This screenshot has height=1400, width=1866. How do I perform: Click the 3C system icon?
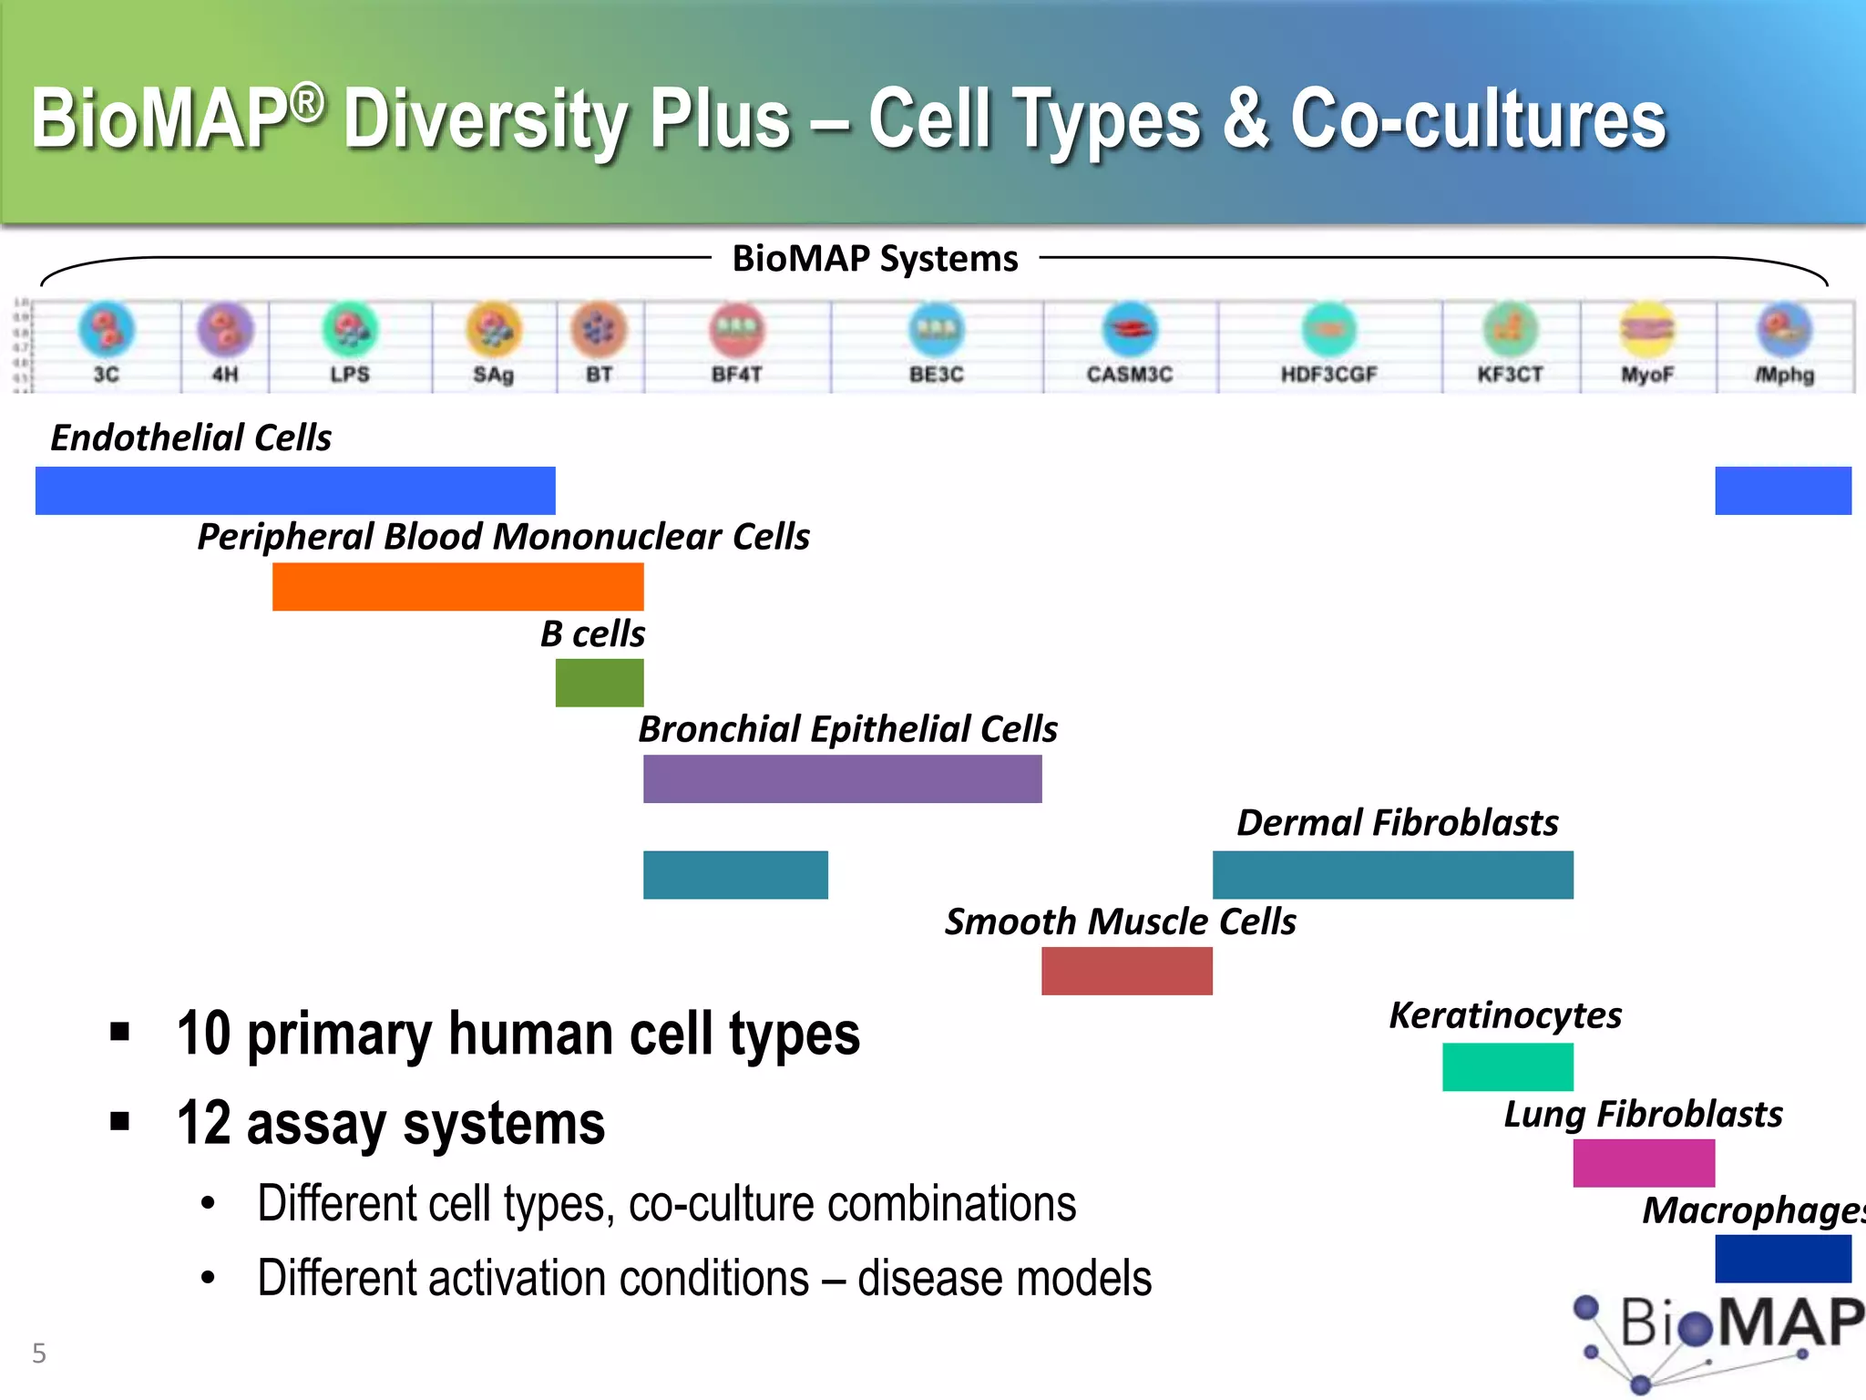point(107,329)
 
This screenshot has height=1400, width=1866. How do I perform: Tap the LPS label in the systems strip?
point(350,375)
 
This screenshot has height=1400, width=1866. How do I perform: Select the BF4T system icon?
point(737,330)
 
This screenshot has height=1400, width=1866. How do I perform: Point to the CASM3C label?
point(1129,375)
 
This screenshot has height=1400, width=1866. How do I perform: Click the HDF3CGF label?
point(1328,375)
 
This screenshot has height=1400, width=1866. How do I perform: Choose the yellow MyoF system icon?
point(1646,329)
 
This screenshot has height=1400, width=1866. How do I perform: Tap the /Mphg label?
point(1785,375)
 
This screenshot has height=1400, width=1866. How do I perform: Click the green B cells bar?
point(600,683)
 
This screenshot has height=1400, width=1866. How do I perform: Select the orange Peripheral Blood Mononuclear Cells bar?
point(457,586)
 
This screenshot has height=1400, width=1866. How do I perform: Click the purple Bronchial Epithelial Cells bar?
point(842,779)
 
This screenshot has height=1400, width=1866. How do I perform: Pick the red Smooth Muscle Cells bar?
point(1126,971)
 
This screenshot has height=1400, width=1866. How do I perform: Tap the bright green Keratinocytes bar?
point(1507,1066)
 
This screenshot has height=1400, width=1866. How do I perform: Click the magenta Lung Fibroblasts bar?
point(1643,1163)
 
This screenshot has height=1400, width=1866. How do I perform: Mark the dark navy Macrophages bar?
point(1782,1259)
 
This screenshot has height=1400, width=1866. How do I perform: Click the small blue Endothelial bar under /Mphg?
point(1782,490)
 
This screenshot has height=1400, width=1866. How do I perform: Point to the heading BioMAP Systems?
point(875,259)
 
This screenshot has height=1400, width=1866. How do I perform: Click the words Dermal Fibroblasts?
point(1397,823)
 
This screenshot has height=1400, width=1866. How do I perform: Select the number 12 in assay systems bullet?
point(204,1123)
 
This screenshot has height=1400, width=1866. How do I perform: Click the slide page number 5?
point(39,1353)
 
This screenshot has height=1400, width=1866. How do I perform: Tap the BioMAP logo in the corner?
point(1722,1335)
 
